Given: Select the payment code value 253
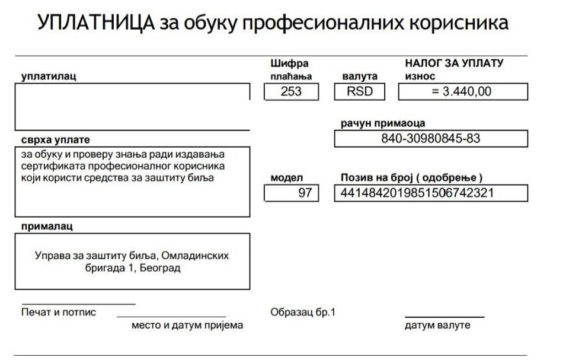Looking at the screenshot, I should (292, 91).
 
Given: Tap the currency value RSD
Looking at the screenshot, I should (359, 91).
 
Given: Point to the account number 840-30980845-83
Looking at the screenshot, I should (430, 139).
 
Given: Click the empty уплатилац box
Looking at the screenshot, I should (132, 106).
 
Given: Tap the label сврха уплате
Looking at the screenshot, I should (56, 140).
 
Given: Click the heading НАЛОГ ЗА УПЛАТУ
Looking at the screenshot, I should (454, 63).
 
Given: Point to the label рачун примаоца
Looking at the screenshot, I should (383, 123).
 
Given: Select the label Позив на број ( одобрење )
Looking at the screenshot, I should (412, 177).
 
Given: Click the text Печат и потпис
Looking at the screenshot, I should (59, 312).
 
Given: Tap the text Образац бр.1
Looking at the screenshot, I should (303, 312).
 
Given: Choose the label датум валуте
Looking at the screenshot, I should (437, 325).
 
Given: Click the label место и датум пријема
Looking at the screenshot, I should (187, 325).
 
